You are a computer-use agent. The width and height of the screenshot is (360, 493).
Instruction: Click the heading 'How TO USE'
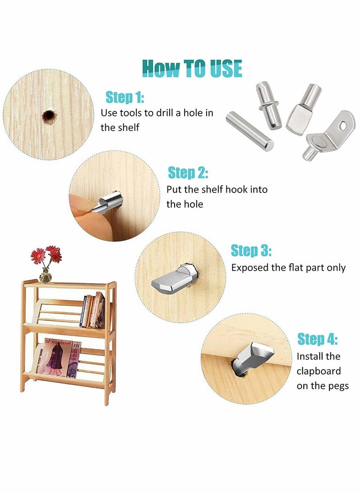(x=192, y=68)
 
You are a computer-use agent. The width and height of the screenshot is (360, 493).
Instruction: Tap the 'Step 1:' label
(x=125, y=97)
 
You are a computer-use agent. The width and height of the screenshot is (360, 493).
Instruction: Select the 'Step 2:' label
(x=188, y=173)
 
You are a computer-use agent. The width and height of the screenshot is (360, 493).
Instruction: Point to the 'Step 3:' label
(x=251, y=251)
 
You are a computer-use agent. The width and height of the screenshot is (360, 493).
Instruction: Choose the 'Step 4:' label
(x=317, y=339)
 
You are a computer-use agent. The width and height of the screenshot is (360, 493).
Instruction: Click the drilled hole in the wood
(x=48, y=117)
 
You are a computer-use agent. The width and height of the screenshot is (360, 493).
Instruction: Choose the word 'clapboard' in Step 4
(x=319, y=371)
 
